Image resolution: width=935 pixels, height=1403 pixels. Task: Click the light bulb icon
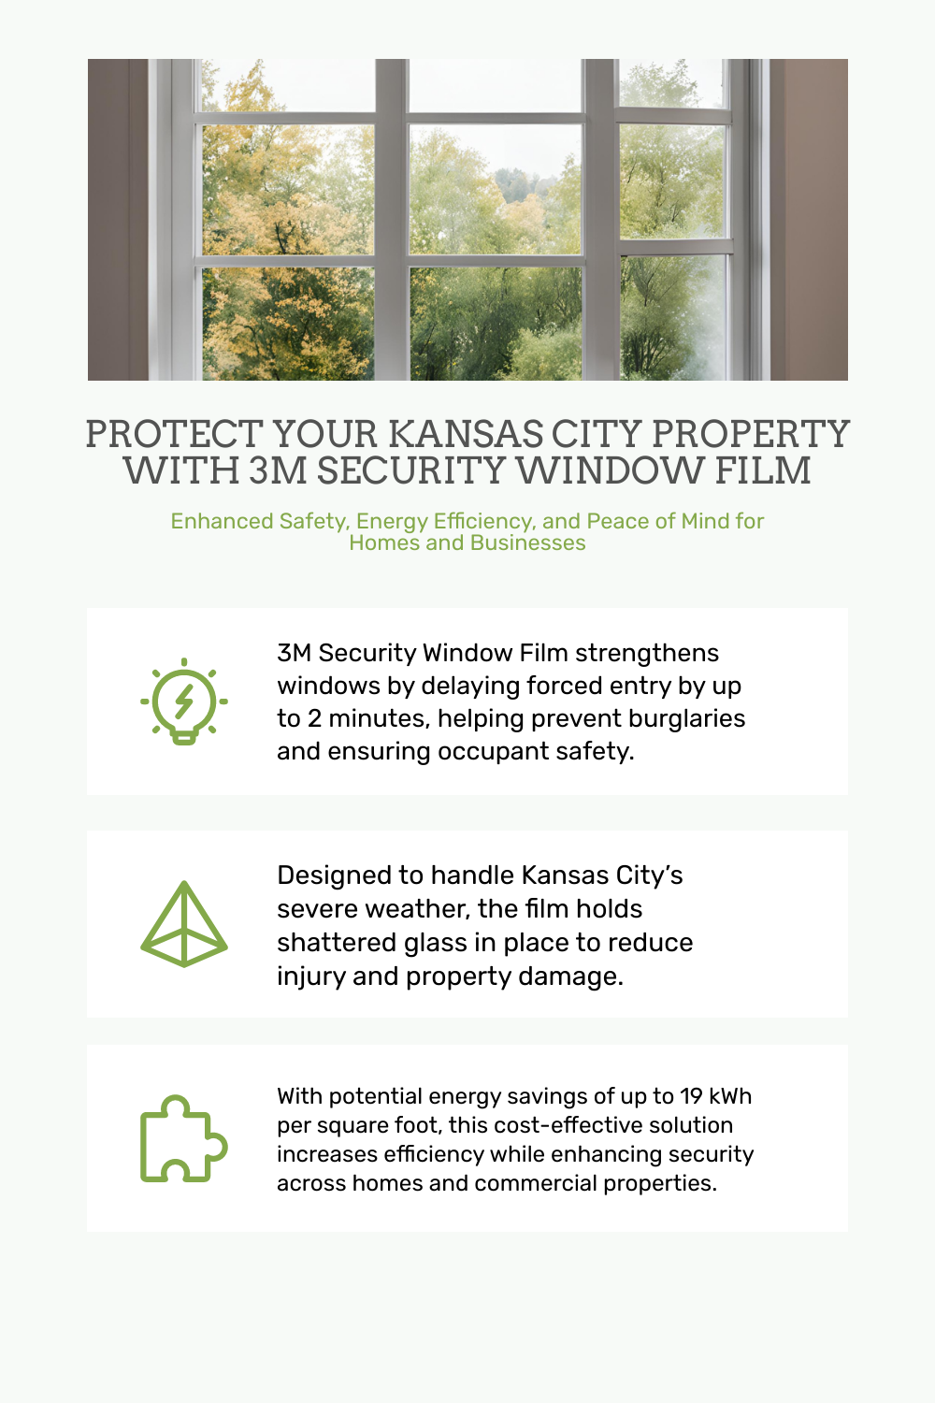coord(184,701)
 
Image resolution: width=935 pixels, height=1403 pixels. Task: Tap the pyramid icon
coord(184,924)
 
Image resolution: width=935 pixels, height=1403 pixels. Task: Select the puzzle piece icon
coord(184,1138)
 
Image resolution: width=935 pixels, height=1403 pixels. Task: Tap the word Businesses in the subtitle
coord(528,542)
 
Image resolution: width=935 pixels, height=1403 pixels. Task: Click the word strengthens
coord(647,654)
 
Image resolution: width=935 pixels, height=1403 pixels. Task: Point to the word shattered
coord(337,943)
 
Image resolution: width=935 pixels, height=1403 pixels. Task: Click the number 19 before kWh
coord(691,1096)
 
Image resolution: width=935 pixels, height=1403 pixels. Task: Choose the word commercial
coord(536,1183)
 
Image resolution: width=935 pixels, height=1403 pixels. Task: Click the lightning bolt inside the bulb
coord(183,701)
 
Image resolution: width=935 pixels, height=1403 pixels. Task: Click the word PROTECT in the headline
coord(174,433)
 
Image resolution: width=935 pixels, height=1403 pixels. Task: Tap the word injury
coord(311,977)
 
